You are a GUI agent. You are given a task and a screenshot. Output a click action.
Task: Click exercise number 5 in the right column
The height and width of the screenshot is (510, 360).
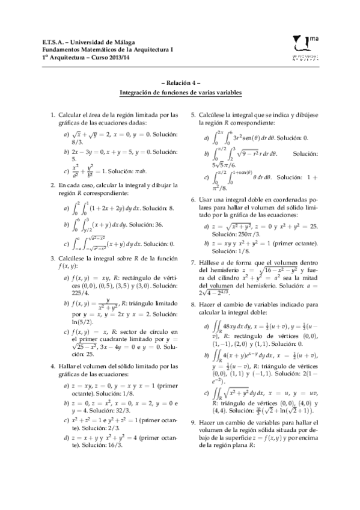click(x=192, y=114)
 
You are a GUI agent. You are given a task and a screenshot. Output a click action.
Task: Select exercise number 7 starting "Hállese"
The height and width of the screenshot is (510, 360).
click(x=192, y=262)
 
